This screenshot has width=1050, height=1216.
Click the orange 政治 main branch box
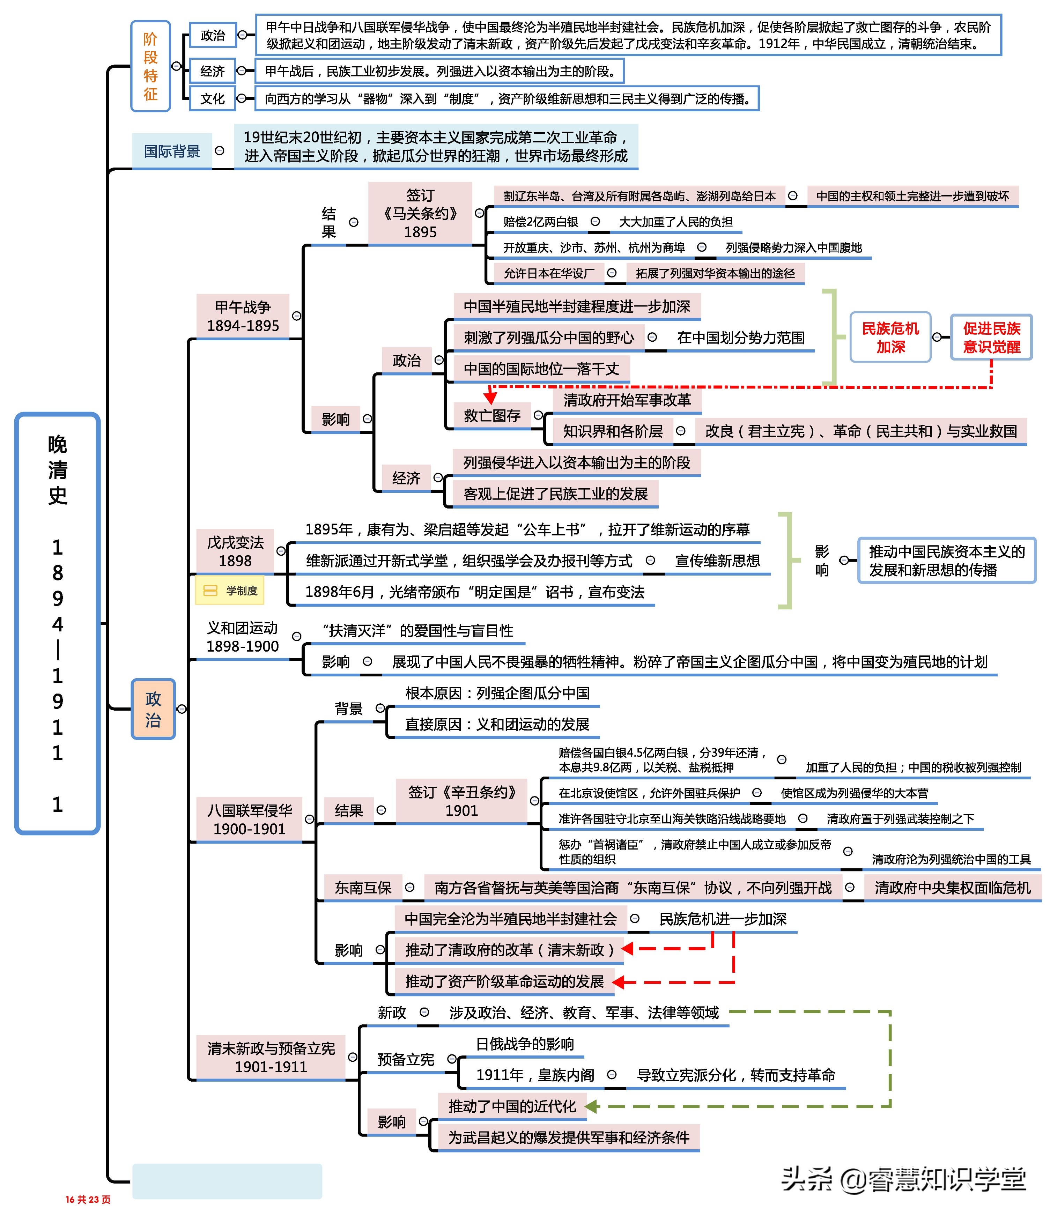point(153,709)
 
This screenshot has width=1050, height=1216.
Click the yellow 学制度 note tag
point(229,591)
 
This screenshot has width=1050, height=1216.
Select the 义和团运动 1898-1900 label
point(242,637)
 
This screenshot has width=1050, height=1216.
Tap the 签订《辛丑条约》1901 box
point(461,801)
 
